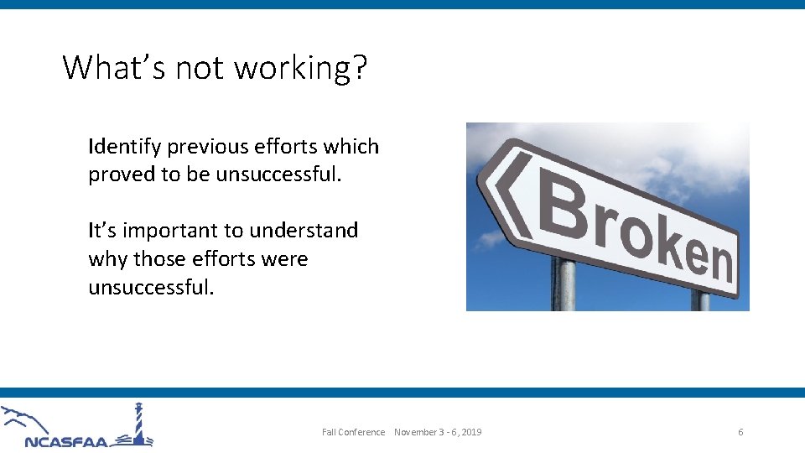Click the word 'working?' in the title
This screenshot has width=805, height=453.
(x=300, y=68)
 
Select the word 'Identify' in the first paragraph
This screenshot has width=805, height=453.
(x=125, y=147)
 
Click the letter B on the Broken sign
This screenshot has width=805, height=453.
(x=564, y=203)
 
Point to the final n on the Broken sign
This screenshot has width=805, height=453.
(x=721, y=262)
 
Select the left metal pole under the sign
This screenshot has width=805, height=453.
(x=565, y=285)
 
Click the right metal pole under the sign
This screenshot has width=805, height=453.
(x=702, y=301)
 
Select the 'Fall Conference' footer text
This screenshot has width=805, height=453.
(x=353, y=432)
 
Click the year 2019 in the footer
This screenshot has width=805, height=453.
(x=470, y=432)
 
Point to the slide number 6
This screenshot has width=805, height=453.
(x=740, y=432)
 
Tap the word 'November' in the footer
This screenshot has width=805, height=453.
(x=415, y=432)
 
